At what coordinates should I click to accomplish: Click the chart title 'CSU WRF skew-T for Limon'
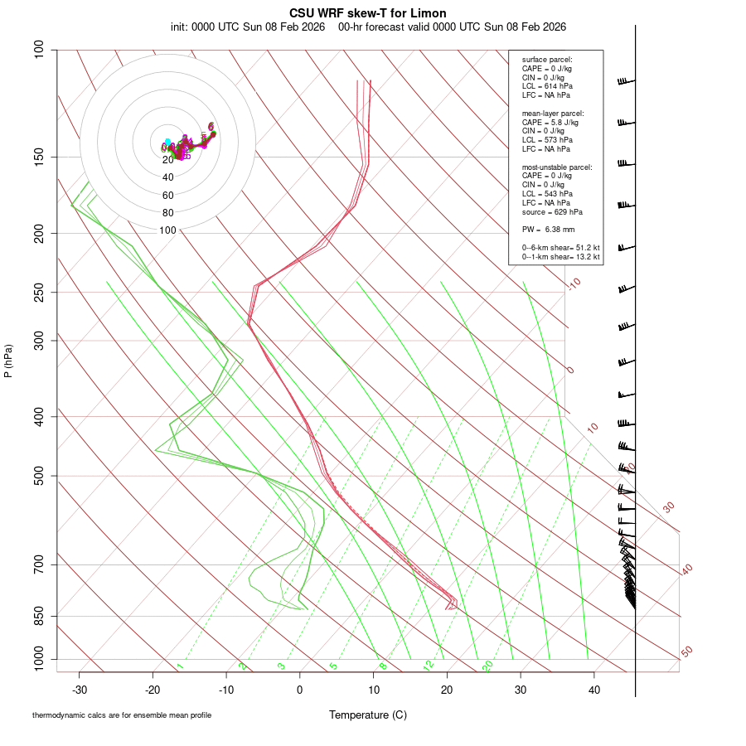368,13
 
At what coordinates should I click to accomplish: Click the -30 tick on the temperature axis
80,689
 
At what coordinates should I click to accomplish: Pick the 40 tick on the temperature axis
593,689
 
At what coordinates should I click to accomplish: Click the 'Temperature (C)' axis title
368,715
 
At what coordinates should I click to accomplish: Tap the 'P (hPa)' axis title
8,361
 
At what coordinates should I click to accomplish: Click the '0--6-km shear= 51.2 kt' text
560,247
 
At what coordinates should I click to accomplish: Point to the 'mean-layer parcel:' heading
553,113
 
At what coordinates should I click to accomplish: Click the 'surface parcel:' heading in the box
547,59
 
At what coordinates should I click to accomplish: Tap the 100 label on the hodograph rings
168,230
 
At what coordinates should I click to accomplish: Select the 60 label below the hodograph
168,196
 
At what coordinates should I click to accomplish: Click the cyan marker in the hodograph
167,142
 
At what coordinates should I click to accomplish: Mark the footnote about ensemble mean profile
122,715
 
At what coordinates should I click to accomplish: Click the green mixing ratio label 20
488,665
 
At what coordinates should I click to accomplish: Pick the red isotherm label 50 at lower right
686,652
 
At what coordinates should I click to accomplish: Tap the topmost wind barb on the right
626,81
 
